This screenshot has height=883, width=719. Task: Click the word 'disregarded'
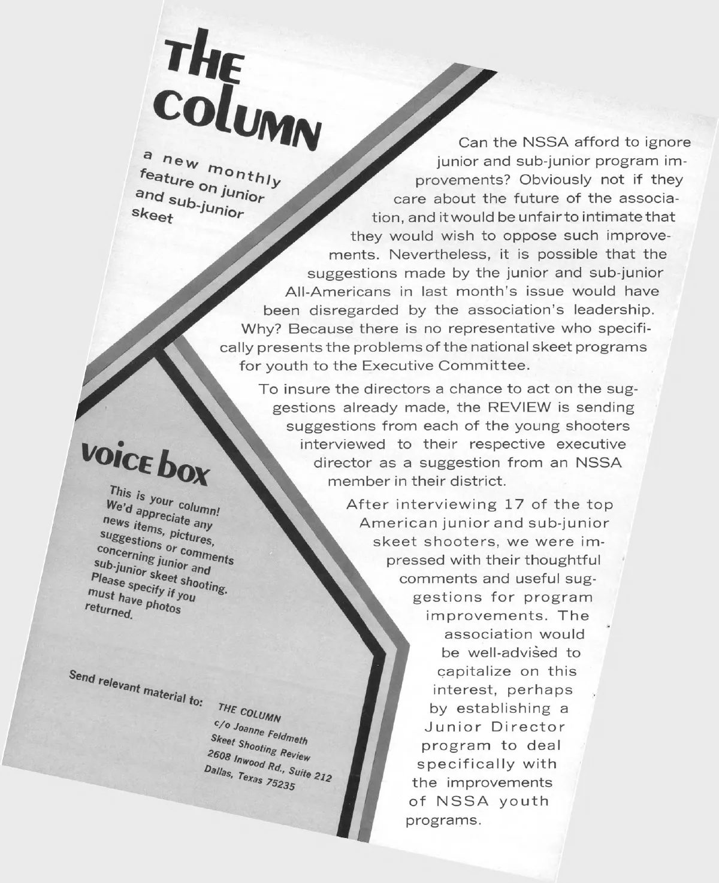click(x=354, y=310)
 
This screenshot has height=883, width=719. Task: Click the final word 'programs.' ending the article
click(x=443, y=820)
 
